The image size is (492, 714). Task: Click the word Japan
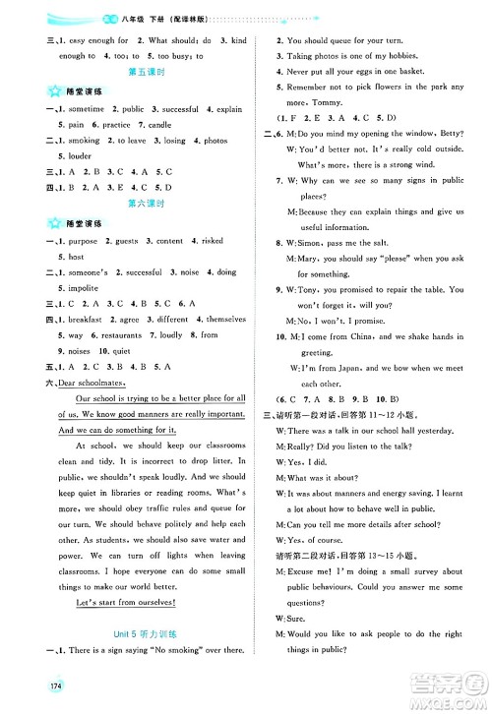pos(345,369)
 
